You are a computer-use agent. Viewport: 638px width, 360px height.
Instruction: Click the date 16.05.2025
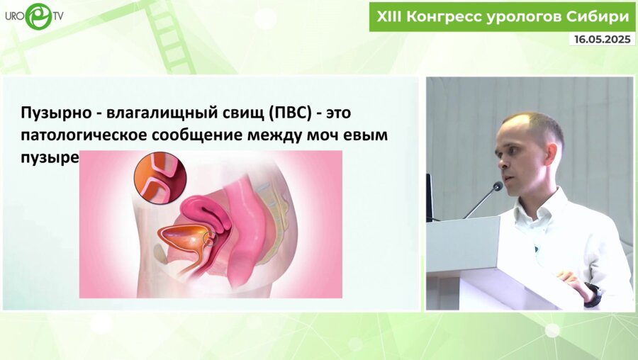click(x=601, y=40)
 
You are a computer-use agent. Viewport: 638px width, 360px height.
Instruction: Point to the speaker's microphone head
click(x=498, y=186)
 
